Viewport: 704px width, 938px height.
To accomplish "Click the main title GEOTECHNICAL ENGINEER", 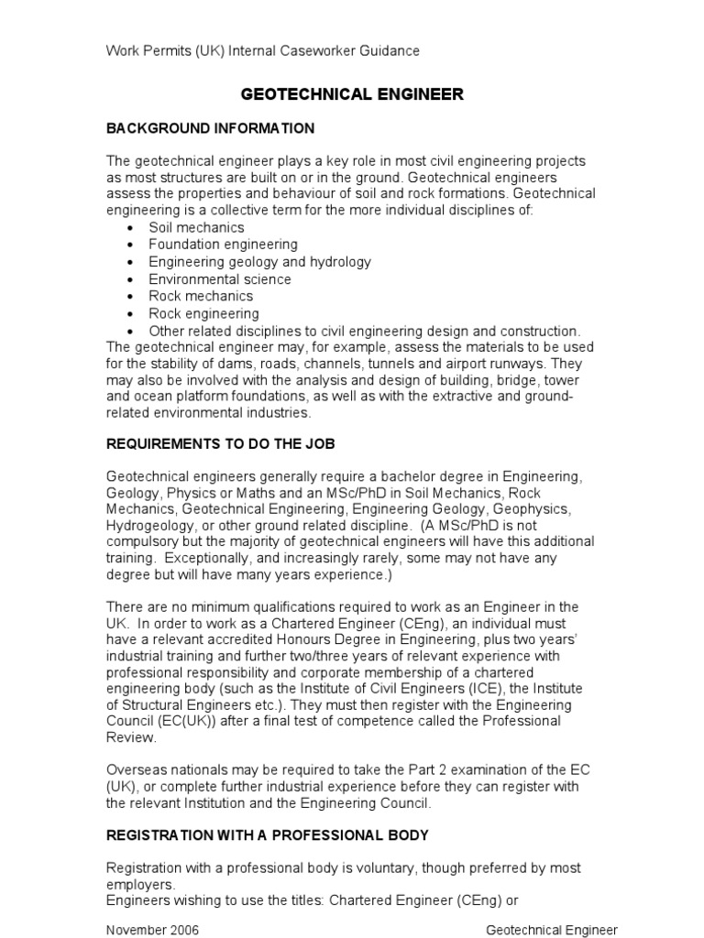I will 352,94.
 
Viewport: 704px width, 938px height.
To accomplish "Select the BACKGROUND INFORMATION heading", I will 210,127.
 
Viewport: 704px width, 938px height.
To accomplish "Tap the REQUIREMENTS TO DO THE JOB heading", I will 221,443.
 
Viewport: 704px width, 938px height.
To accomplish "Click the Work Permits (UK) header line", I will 263,51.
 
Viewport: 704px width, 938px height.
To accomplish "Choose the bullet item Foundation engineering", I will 223,245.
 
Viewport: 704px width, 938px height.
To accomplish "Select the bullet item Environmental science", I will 220,279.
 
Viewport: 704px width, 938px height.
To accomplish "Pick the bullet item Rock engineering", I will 203,313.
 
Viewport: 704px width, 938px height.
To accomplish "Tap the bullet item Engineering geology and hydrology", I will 259,262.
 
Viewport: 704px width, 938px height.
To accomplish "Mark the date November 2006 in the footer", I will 152,929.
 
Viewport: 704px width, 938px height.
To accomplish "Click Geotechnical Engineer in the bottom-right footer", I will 551,929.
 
